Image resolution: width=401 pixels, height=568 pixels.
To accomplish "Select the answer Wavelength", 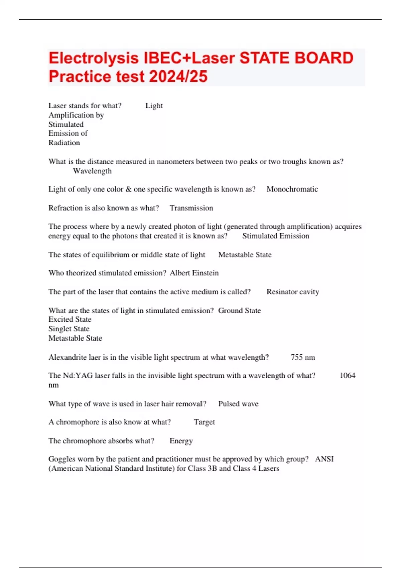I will click(x=92, y=171).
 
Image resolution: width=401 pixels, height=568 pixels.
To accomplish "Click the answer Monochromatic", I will click(x=292, y=189).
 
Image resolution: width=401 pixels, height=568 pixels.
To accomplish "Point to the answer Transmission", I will click(x=191, y=208).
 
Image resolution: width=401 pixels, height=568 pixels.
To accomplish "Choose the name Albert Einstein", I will click(x=194, y=273).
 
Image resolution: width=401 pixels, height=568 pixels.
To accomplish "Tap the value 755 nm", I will click(x=303, y=357).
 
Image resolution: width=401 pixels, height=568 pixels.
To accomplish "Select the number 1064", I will click(x=347, y=376).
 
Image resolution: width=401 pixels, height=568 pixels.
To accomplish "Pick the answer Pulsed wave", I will click(x=238, y=404).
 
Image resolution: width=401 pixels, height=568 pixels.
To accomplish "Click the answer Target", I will click(x=204, y=422).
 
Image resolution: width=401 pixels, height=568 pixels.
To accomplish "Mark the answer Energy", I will click(x=181, y=441).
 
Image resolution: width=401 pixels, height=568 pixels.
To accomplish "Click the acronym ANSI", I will click(x=324, y=459).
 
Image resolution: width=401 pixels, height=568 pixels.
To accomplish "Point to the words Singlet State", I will click(x=69, y=329).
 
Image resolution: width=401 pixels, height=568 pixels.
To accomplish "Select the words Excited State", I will click(x=70, y=319).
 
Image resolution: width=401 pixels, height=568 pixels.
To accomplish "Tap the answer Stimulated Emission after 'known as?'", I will click(x=276, y=236).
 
